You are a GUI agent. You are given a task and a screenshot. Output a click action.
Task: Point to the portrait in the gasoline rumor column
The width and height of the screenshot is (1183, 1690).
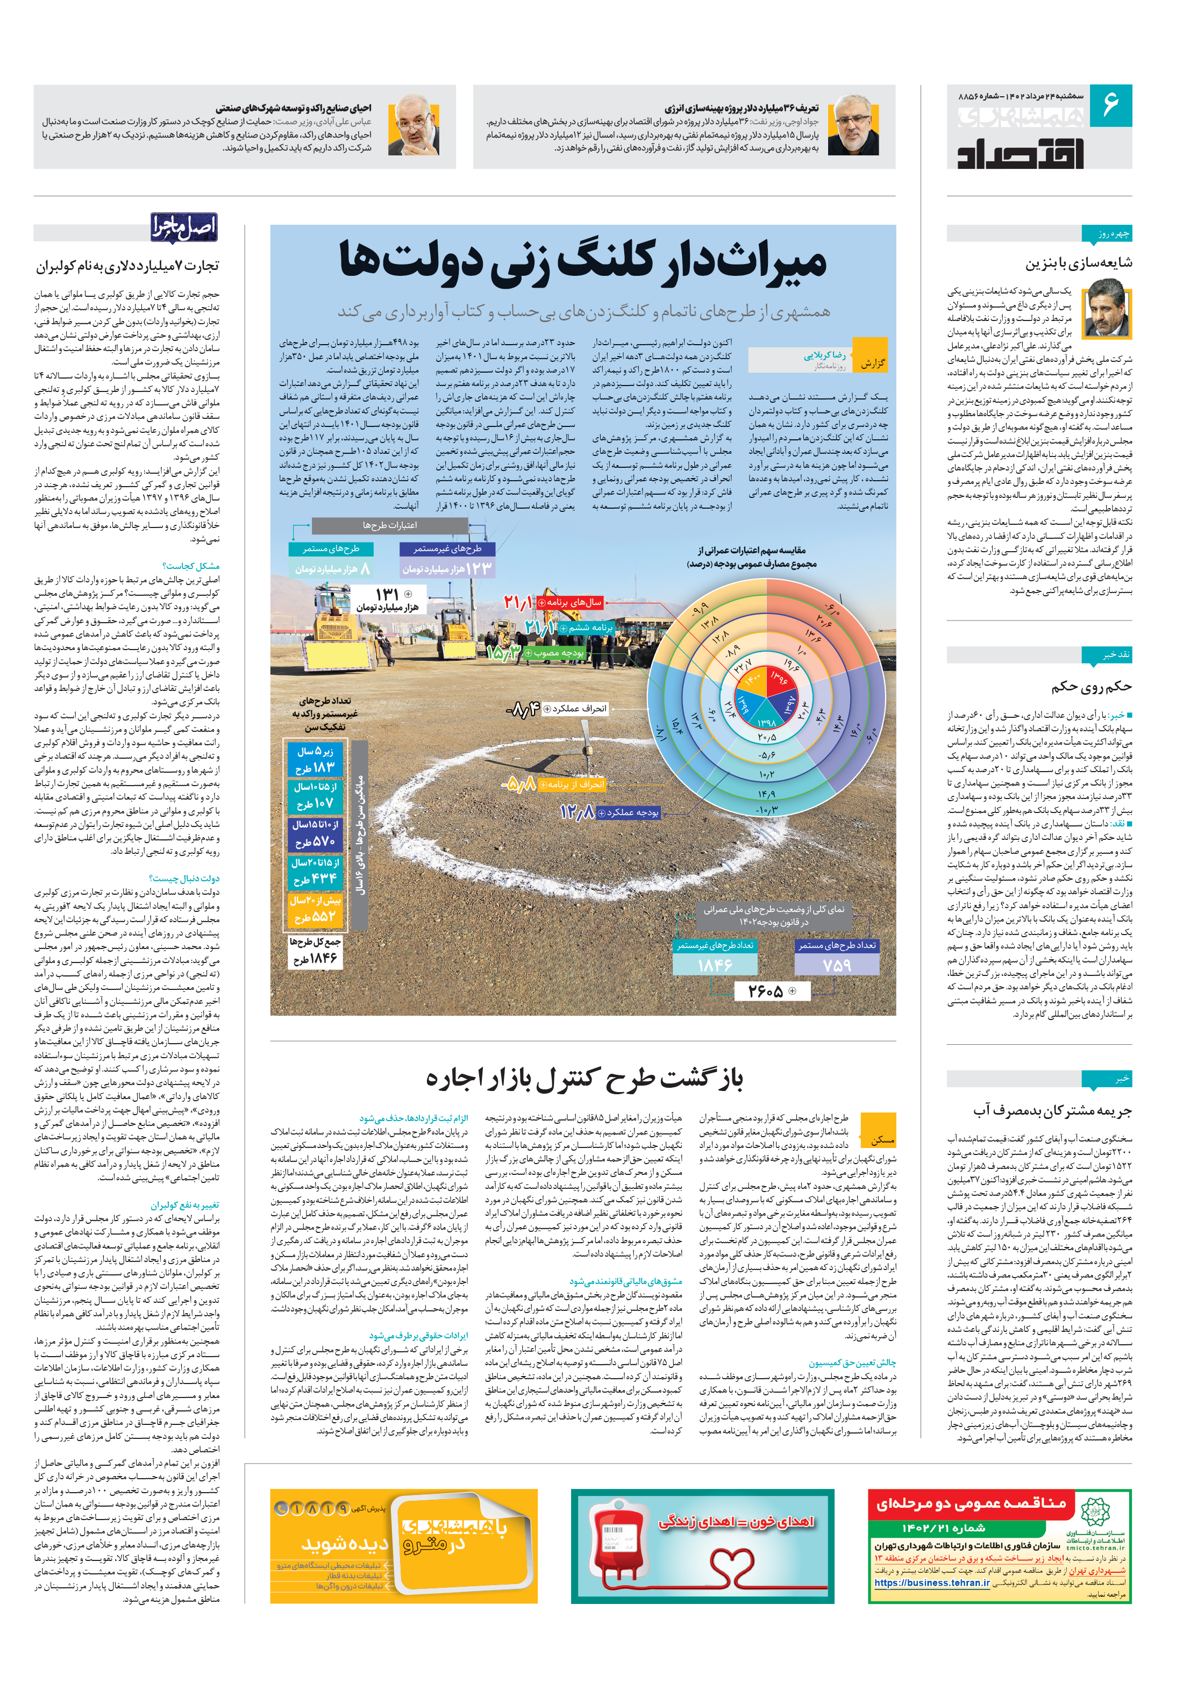click(x=1108, y=309)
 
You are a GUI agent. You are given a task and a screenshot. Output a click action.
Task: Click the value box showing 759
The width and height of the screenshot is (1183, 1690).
click(x=837, y=964)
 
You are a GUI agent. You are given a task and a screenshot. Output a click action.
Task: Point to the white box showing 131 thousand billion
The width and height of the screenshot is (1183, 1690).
click(x=385, y=598)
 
